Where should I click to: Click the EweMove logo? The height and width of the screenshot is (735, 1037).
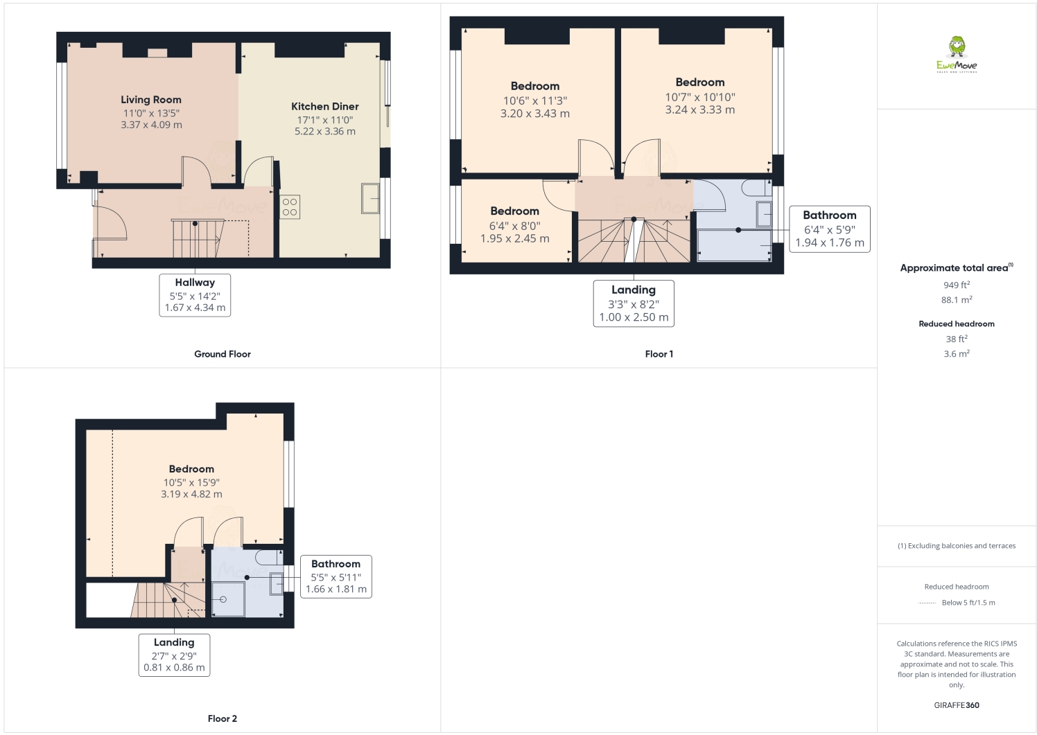tap(957, 55)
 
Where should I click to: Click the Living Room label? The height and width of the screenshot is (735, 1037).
tap(151, 100)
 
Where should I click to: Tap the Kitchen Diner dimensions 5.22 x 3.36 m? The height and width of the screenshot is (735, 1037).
tap(324, 132)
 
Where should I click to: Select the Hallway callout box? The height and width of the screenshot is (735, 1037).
tap(195, 295)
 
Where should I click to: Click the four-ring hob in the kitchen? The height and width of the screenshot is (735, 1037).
tap(290, 207)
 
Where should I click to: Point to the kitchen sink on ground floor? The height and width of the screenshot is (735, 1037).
tap(370, 198)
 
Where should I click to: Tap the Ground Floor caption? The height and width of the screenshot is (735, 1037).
tap(222, 354)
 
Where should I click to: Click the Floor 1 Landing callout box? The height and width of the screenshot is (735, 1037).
tap(634, 303)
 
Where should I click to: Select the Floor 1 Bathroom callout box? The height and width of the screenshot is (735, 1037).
tap(829, 229)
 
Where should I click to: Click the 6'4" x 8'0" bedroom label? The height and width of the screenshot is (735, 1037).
tap(514, 226)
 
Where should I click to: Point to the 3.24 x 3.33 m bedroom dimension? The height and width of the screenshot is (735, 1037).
tap(699, 110)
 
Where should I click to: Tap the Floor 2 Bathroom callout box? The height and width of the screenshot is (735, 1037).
tap(335, 576)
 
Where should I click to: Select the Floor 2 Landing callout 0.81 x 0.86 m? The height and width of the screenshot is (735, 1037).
tap(174, 668)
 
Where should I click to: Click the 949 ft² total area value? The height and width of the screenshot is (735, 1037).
tap(956, 285)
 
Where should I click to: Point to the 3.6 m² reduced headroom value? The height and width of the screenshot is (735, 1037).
tap(956, 354)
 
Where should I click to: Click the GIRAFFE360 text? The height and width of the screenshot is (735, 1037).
tap(956, 705)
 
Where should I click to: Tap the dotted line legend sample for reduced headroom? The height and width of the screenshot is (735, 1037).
tap(927, 603)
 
